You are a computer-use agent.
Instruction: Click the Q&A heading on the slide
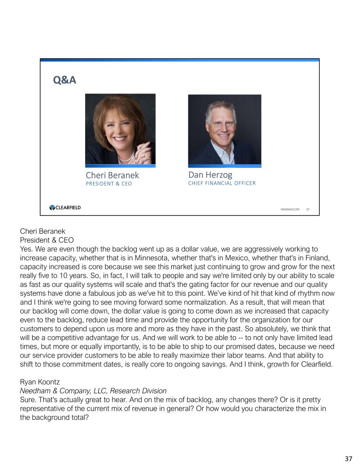(65, 80)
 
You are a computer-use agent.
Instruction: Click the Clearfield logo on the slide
(65, 208)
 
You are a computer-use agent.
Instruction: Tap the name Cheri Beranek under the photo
(112, 175)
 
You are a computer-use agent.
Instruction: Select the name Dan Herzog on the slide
(210, 175)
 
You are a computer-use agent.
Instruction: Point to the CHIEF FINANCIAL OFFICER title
(222, 183)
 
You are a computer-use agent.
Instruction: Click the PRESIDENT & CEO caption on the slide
(108, 184)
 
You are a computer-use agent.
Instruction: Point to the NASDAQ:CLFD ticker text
(290, 210)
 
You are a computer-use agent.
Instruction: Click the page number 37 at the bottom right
(348, 458)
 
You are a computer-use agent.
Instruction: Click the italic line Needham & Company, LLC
(93, 391)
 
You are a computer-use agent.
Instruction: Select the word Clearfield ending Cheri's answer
(313, 364)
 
